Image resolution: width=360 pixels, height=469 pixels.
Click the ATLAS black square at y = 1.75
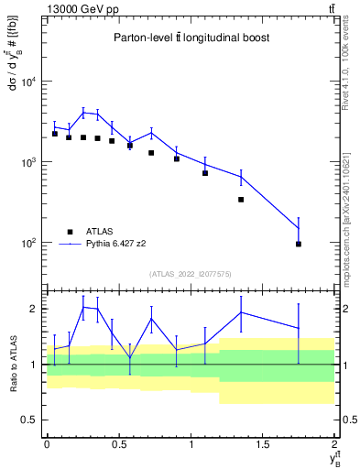pos(299,244)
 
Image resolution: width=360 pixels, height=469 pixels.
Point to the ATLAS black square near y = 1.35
pos(241,199)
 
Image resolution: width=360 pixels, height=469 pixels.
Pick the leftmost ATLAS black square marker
pos(54,134)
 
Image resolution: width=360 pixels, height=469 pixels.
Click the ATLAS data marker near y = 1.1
pos(205,172)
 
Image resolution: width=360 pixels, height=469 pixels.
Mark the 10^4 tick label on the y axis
pos(27,82)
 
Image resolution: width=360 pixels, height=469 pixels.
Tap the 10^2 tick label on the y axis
pos(27,243)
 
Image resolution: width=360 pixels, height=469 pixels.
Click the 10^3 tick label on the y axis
pos(27,162)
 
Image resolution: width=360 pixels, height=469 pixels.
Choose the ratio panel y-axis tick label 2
pos(36,309)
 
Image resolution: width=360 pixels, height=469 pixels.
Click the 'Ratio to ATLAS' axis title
pos(11,364)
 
